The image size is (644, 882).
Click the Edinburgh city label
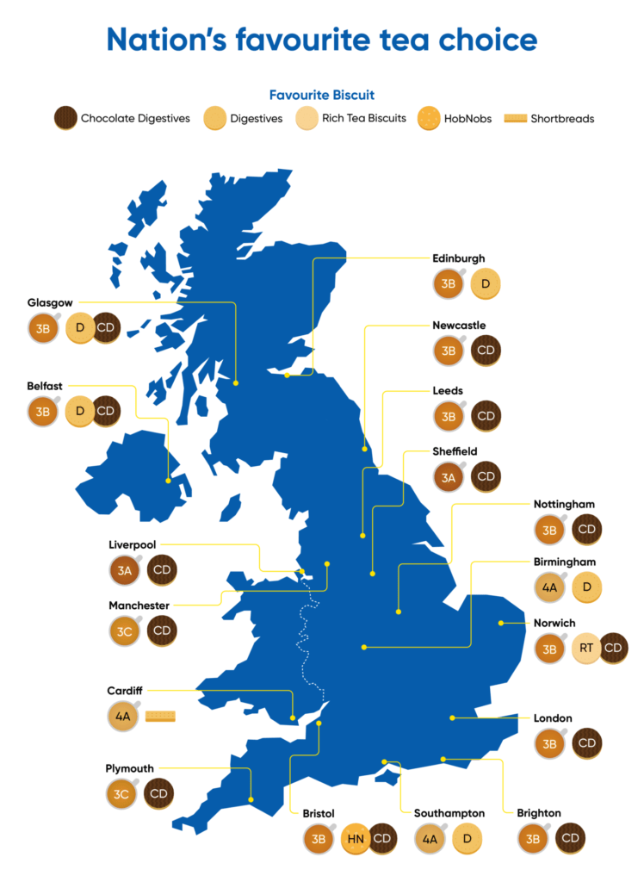pos(458,258)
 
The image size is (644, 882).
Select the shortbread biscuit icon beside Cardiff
pos(160,716)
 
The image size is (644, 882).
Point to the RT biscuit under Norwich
pos(585,649)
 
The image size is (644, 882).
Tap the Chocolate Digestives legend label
pos(135,118)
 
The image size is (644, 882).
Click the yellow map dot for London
pos(452,717)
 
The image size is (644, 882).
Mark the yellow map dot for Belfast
pos(168,481)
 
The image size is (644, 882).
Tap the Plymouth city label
pos(129,768)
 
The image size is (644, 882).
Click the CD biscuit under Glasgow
pos(106,327)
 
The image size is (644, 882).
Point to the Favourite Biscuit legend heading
pos(321,95)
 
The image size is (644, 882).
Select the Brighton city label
pos(539,813)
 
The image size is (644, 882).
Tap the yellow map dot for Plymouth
pos(251,800)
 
